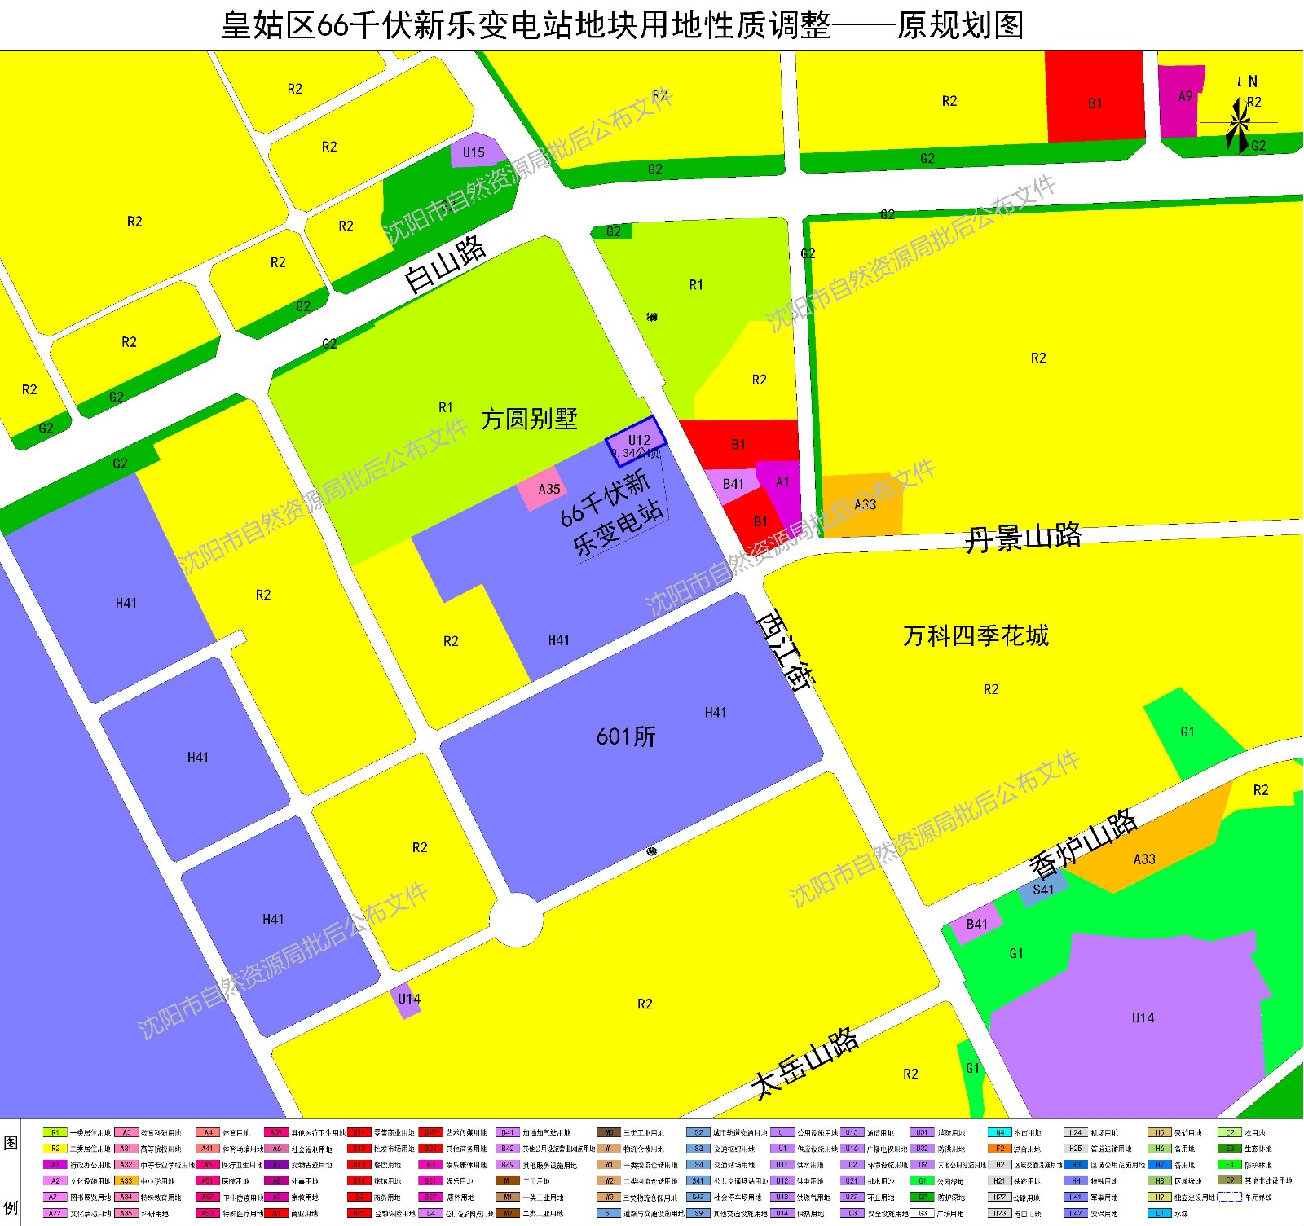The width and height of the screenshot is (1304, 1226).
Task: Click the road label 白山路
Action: click(x=445, y=264)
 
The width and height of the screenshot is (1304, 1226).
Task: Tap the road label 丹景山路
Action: click(x=1023, y=538)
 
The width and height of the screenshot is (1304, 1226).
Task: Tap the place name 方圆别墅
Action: click(x=529, y=419)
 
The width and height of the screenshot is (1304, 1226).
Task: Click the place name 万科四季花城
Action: click(x=976, y=635)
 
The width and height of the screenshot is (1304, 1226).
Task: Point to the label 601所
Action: click(x=626, y=736)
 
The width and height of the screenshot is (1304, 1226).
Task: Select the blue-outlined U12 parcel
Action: click(x=636, y=440)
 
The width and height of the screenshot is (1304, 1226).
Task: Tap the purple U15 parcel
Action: click(x=475, y=152)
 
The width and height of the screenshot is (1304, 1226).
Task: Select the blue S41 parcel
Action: click(x=1042, y=890)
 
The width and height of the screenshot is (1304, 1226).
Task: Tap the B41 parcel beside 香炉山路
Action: click(x=976, y=924)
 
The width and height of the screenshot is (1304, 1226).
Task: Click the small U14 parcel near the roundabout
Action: click(x=407, y=1000)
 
